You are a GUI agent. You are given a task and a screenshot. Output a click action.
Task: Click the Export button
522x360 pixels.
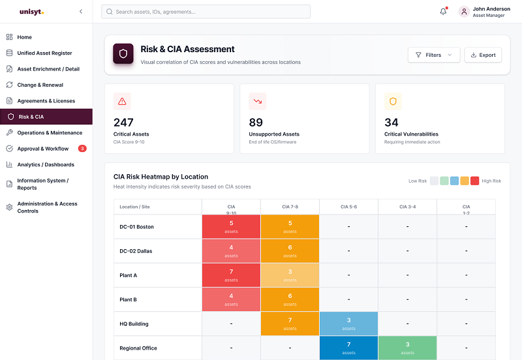click(483, 55)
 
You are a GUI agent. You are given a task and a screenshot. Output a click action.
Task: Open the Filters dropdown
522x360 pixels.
click(434, 55)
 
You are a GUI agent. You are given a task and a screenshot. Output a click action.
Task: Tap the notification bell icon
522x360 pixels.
click(443, 12)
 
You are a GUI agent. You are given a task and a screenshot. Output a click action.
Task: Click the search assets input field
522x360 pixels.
click(206, 12)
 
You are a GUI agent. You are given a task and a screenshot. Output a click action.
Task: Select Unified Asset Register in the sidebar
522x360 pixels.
click(44, 53)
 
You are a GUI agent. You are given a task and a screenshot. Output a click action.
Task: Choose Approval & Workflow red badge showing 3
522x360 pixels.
click(82, 149)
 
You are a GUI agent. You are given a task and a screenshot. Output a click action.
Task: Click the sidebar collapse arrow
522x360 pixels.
click(81, 12)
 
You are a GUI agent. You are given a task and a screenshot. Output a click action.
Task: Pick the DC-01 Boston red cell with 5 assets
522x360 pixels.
click(231, 226)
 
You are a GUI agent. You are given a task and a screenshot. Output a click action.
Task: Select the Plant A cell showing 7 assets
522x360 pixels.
click(231, 275)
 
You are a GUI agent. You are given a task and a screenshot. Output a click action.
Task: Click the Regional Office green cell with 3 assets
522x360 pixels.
click(407, 348)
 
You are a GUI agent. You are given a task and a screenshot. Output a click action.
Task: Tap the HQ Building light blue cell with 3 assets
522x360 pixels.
click(348, 323)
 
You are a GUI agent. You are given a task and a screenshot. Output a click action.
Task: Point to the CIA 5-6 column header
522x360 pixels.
click(348, 207)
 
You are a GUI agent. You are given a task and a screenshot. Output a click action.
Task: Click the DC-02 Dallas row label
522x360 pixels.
click(136, 251)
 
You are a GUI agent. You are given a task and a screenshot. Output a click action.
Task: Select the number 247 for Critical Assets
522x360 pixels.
click(123, 123)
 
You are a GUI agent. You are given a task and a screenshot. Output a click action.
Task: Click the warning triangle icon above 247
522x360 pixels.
click(122, 102)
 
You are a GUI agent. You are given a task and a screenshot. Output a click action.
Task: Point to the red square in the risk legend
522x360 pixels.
click(475, 181)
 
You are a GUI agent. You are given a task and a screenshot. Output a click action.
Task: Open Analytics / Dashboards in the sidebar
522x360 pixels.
click(46, 165)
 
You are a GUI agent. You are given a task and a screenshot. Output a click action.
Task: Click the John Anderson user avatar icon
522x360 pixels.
click(464, 12)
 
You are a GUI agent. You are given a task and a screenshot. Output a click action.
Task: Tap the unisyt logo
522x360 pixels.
click(31, 12)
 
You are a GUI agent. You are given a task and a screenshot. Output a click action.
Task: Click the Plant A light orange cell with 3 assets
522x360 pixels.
click(290, 275)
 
